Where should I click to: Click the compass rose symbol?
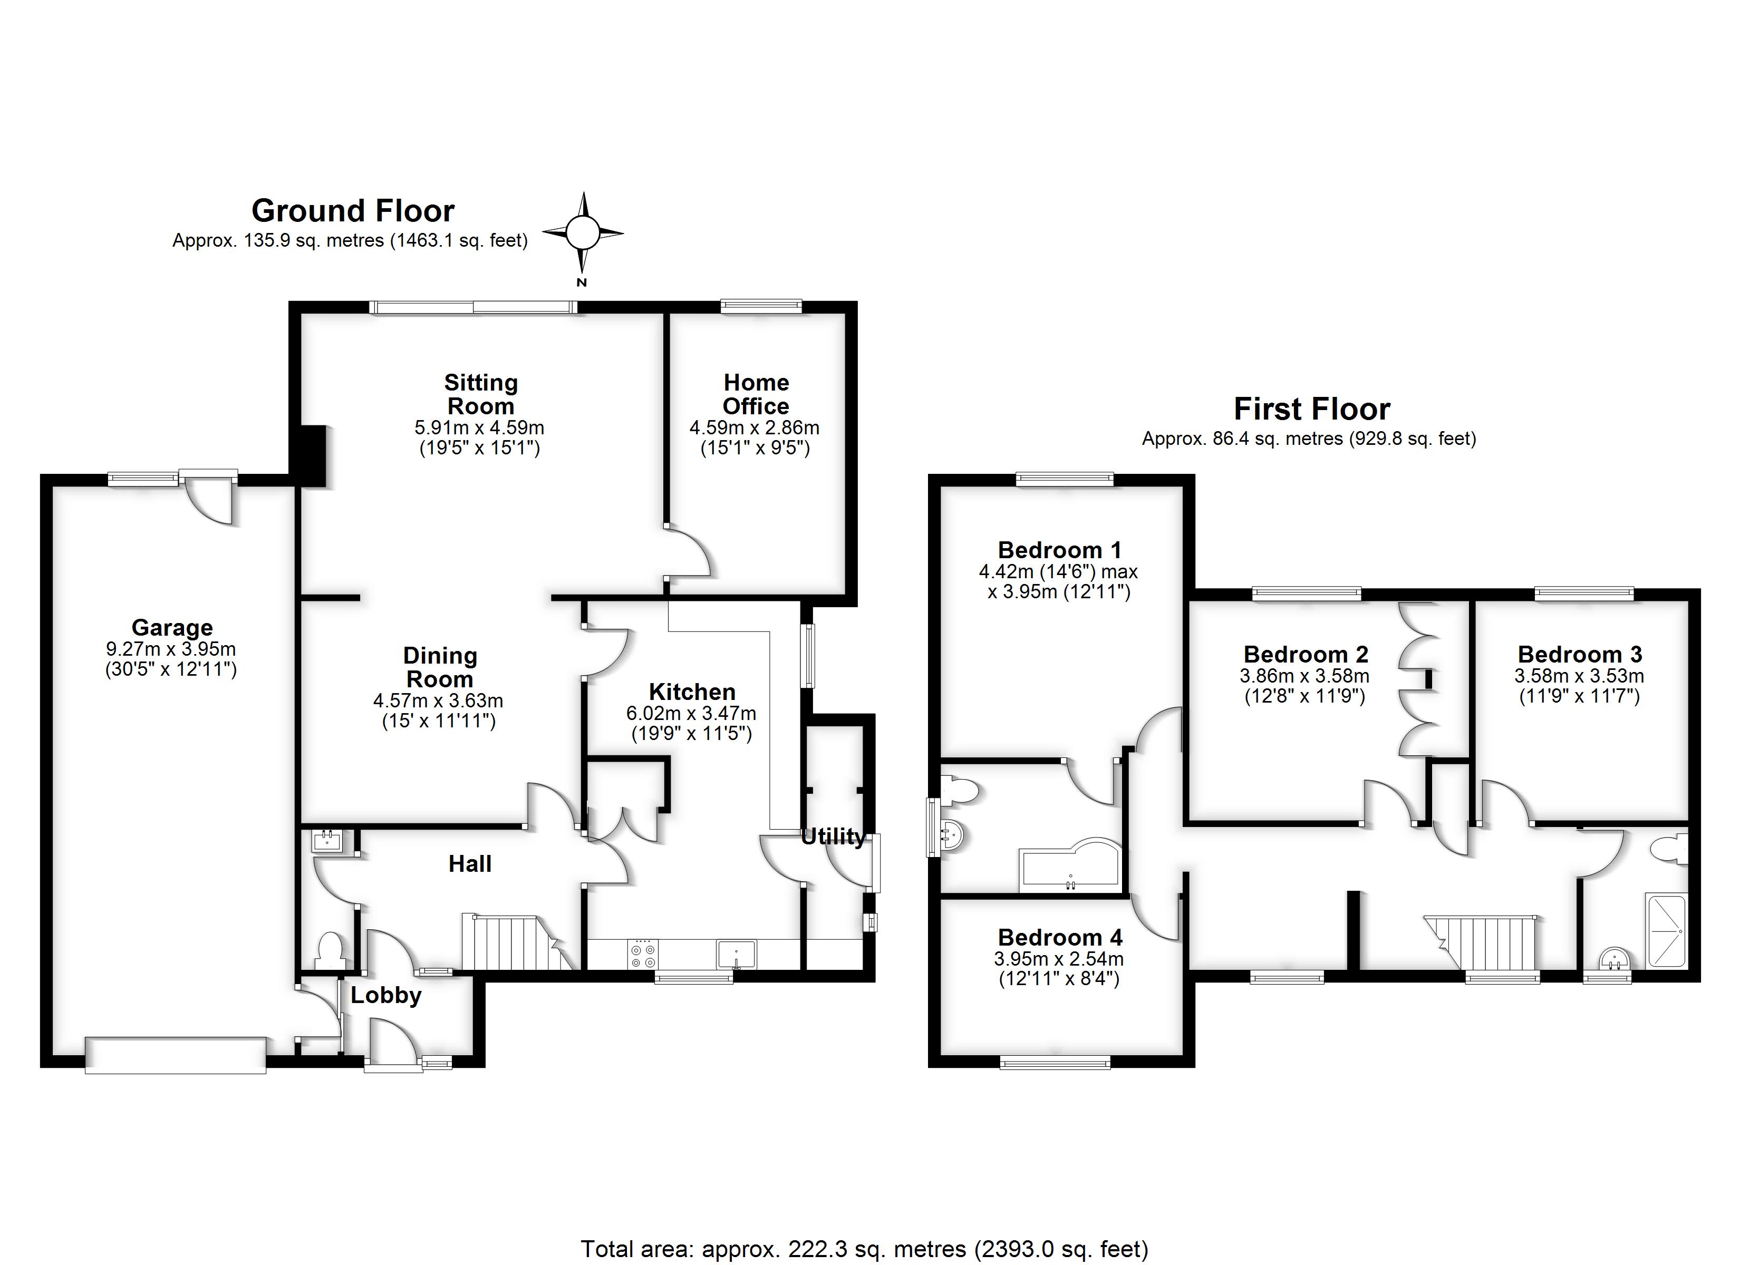pyautogui.click(x=582, y=232)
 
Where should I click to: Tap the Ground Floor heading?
pyautogui.click(x=353, y=210)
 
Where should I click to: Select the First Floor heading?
pyautogui.click(x=1311, y=409)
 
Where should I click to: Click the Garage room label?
pyautogui.click(x=172, y=628)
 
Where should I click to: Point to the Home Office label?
pyautogui.click(x=756, y=394)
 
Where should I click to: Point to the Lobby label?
pyautogui.click(x=386, y=996)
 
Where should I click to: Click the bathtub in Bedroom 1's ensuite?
pyautogui.click(x=1070, y=869)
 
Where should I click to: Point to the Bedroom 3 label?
pyautogui.click(x=1580, y=654)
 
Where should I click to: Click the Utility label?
pyautogui.click(x=833, y=837)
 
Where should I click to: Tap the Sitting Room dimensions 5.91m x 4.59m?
pyautogui.click(x=479, y=427)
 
